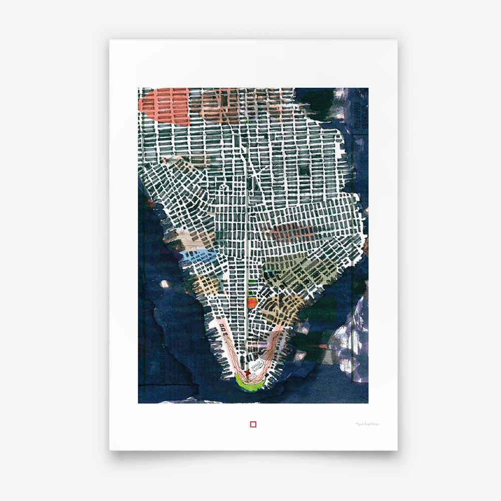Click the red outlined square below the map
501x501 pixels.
point(253,424)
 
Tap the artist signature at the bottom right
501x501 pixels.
point(367,424)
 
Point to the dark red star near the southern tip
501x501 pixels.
point(247,373)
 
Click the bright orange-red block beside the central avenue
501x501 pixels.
point(252,302)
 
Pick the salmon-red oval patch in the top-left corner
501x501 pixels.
point(165,106)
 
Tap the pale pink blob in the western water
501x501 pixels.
point(164,284)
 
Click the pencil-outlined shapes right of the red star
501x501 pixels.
point(258,366)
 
